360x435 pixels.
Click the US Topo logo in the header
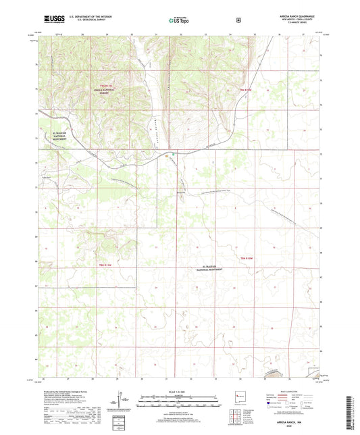(x=179, y=20)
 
